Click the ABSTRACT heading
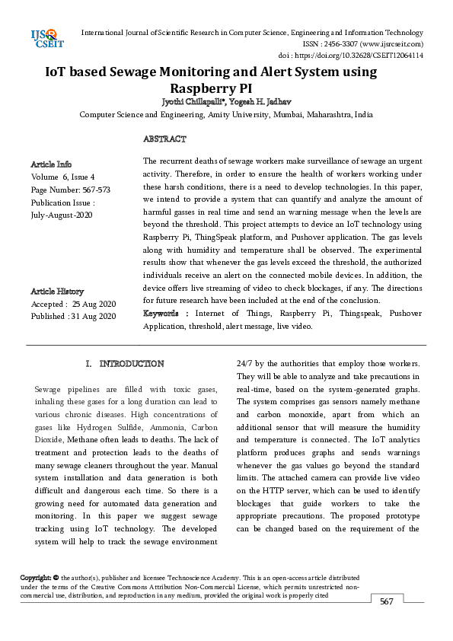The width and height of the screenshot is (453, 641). (164, 139)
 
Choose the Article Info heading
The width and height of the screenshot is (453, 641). (51, 164)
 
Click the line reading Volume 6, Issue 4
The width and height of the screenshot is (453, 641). (62, 177)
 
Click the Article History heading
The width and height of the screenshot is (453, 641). (58, 292)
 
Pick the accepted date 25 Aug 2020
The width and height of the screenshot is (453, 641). (94, 304)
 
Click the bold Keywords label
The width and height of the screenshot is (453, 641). (164, 313)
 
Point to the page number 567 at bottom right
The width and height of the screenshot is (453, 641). (387, 601)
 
